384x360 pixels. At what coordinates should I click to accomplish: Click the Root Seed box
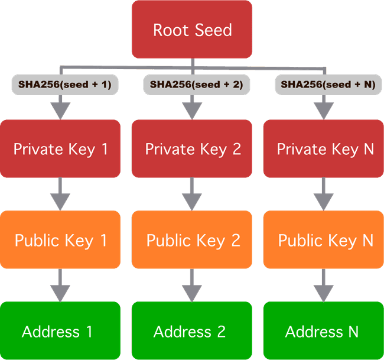[192, 30]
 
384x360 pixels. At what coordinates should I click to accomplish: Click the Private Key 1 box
[60, 149]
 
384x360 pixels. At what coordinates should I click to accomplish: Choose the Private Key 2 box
[192, 149]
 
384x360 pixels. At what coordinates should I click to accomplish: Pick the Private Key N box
[324, 149]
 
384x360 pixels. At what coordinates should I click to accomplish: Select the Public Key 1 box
[60, 240]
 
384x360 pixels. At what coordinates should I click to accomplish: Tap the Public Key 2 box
[192, 240]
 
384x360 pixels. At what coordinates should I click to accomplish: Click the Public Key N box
[324, 240]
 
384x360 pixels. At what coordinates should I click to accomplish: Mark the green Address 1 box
[60, 331]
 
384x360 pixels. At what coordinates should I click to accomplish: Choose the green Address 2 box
[192, 331]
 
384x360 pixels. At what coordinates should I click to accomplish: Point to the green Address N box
[324, 331]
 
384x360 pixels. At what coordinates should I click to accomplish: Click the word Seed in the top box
[210, 30]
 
